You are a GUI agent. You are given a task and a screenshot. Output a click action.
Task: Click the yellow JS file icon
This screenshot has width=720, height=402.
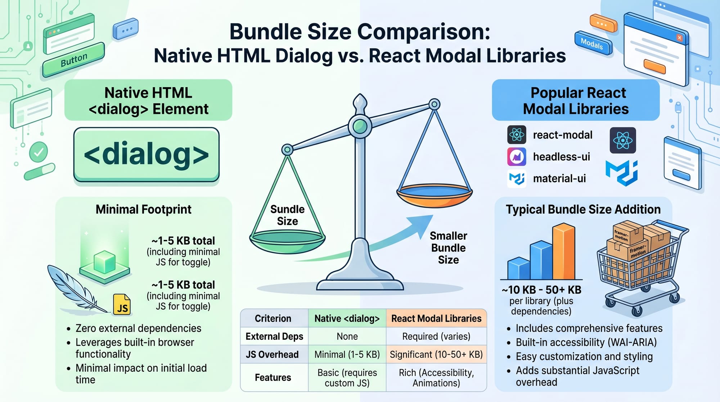coord(122,304)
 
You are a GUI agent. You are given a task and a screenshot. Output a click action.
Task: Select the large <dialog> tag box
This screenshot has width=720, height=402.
coord(147,154)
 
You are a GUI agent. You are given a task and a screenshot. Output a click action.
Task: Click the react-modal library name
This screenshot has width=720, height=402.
coord(562,135)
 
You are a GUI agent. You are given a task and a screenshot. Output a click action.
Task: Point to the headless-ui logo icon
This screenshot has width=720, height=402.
coord(517,157)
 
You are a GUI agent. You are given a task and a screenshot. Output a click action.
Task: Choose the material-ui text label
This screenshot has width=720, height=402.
coord(559,178)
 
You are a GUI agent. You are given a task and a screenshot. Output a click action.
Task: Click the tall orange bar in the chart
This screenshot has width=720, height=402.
coord(564,251)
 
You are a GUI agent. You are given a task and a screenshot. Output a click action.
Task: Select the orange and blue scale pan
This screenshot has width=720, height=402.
coord(434,195)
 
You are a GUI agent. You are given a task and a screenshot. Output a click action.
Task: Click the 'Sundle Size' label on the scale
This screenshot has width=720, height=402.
coord(287,215)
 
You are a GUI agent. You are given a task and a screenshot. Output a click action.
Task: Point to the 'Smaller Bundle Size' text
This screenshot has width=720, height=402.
coord(448,248)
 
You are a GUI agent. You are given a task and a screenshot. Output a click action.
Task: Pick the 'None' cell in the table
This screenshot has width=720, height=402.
coord(347,336)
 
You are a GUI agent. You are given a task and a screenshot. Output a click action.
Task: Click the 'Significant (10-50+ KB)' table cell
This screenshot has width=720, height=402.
coord(436,354)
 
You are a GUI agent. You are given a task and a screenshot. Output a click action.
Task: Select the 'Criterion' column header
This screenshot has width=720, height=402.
coord(273,318)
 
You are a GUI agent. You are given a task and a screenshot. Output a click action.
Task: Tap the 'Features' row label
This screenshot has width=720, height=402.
coord(273,378)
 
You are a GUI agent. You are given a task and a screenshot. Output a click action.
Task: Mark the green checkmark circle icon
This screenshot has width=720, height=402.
coord(38,152)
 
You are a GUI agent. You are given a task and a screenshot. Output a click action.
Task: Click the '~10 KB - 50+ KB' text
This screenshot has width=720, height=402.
coord(541,290)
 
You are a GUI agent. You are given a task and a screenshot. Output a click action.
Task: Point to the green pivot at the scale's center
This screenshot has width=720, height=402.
coord(360,126)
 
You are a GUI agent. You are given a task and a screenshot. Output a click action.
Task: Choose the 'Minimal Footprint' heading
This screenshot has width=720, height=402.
coord(143,209)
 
